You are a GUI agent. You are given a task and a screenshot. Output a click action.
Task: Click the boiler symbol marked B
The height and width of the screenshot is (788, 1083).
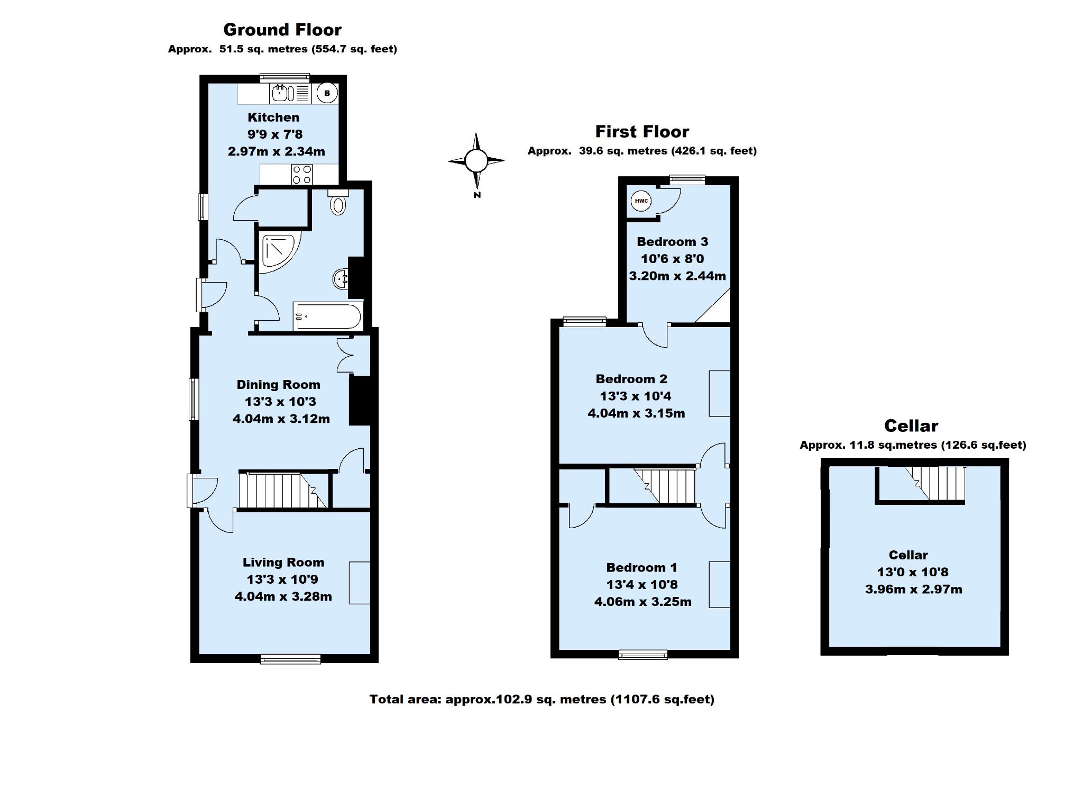[x=327, y=94]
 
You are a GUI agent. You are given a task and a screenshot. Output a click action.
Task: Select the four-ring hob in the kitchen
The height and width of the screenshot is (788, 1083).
[x=301, y=175]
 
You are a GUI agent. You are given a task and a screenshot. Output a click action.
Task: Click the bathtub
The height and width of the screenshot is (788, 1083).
[x=327, y=317]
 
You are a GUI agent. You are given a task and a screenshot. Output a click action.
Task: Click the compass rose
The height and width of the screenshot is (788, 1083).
[x=476, y=160]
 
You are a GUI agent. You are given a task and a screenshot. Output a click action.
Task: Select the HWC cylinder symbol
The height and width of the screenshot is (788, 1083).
[x=641, y=201]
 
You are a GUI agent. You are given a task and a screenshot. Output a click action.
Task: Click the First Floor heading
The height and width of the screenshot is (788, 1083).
[x=642, y=131]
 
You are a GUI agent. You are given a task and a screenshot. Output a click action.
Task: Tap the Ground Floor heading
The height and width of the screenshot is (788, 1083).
[x=282, y=30]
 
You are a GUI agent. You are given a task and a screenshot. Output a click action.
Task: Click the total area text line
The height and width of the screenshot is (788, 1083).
[x=542, y=699]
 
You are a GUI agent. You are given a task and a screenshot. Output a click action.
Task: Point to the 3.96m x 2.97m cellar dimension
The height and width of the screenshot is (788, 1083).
[x=913, y=589]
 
